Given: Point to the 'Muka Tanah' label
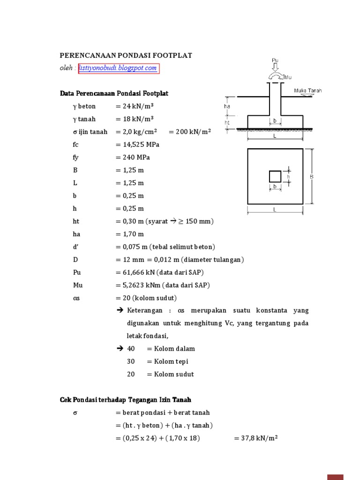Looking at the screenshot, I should click(x=308, y=90).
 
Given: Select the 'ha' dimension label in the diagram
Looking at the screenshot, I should click(x=227, y=106).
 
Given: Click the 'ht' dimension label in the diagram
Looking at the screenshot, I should click(x=227, y=123).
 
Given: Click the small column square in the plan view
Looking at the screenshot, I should click(x=275, y=176).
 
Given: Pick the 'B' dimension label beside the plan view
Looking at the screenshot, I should click(x=311, y=177).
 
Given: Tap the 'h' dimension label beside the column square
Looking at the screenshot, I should click(x=289, y=176).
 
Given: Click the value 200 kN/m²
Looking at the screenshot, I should click(x=193, y=132).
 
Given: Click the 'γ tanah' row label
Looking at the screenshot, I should click(x=84, y=119).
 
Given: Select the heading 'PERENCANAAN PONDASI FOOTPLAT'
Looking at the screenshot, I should click(x=126, y=55).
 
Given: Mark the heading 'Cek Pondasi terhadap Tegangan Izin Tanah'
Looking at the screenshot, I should click(x=126, y=400).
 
